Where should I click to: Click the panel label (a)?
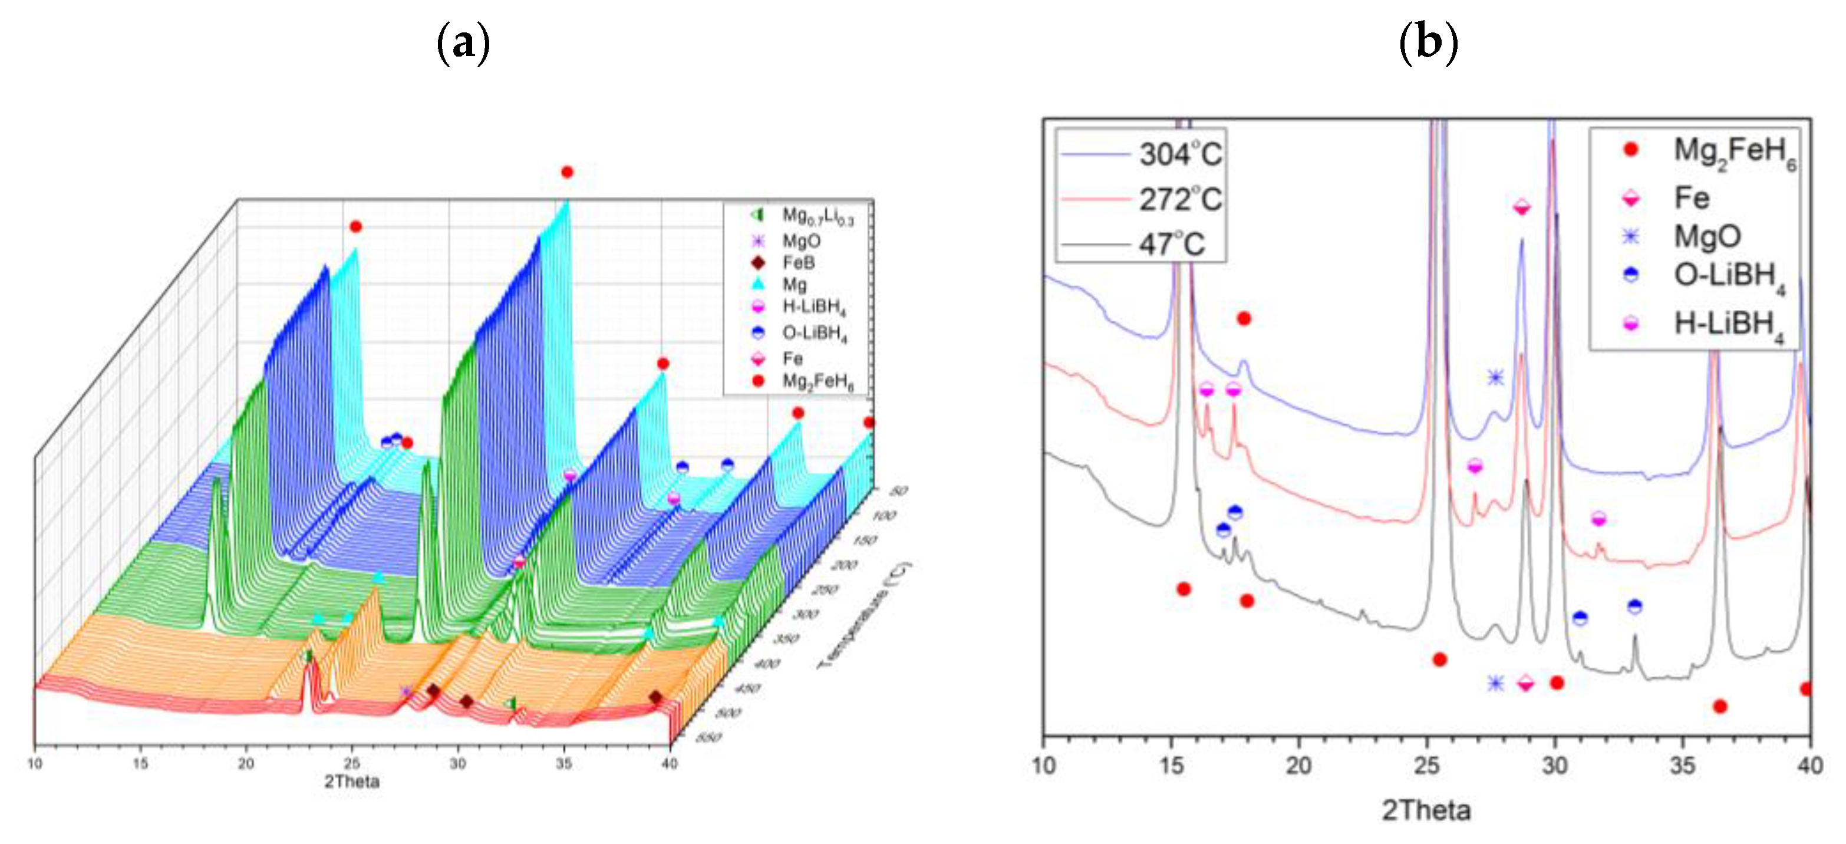[x=463, y=44]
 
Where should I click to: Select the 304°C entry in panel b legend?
[x=1179, y=154]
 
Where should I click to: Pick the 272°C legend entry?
[x=1179, y=199]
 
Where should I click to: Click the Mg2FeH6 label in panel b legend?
[x=1734, y=153]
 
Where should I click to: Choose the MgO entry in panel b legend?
[x=1707, y=236]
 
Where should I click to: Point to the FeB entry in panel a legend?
[x=797, y=263]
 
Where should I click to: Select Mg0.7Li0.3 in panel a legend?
[x=817, y=216]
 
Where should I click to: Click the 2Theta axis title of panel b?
[x=1426, y=810]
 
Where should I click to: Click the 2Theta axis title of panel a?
[x=351, y=782]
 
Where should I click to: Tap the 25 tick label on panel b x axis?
[x=1426, y=766]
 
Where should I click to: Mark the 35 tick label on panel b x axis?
[x=1682, y=766]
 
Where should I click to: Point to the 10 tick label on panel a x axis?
[x=34, y=764]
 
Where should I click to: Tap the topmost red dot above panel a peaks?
[x=567, y=172]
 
